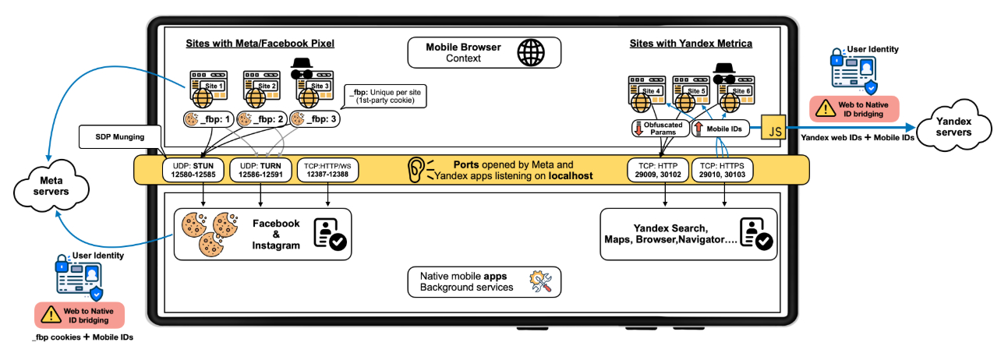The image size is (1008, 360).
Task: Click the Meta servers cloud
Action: [51, 185]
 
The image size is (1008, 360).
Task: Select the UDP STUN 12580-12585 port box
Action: [193, 170]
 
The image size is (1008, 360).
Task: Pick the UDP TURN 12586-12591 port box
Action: [260, 170]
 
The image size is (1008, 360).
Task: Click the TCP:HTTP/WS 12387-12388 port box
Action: [327, 170]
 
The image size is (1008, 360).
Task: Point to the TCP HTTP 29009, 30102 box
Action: [658, 170]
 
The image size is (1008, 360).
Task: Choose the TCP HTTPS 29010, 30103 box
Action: [722, 170]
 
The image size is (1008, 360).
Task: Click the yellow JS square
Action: [773, 127]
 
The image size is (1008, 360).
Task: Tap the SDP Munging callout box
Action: [120, 137]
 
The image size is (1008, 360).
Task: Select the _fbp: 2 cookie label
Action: [262, 119]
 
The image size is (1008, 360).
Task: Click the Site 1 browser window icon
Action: [208, 89]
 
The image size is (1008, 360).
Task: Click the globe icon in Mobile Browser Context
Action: [531, 53]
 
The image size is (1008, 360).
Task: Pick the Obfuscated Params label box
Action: [660, 129]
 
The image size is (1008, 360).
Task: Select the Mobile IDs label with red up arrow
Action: [720, 129]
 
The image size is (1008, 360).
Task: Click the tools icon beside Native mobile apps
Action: [540, 282]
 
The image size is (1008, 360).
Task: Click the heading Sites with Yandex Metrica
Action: [691, 44]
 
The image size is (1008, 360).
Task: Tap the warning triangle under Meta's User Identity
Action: [51, 315]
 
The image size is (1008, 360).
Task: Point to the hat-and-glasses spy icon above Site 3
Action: [302, 69]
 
